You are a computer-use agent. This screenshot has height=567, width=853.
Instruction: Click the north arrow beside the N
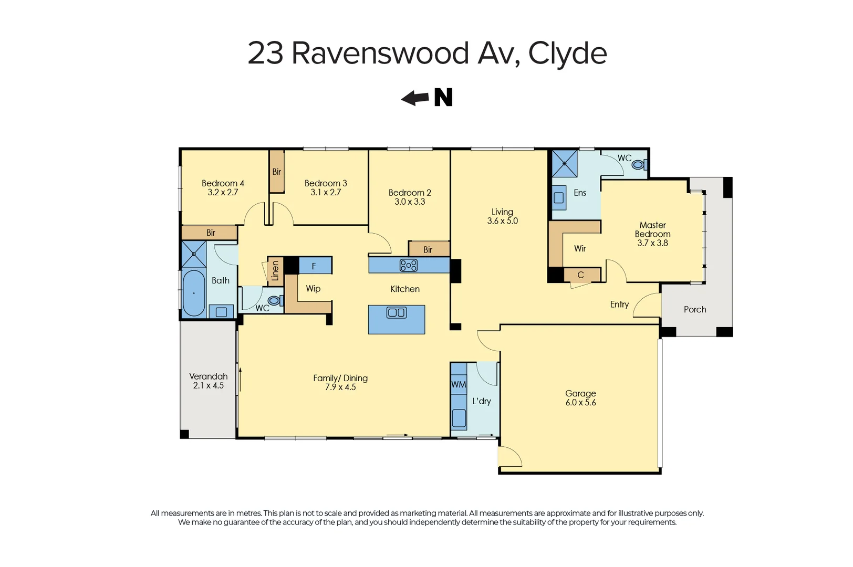[x=415, y=98]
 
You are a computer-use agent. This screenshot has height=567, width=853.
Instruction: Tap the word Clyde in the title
[x=567, y=54]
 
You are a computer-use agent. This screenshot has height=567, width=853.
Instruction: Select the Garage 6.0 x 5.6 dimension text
[x=580, y=403]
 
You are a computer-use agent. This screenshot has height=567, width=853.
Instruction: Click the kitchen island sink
[x=396, y=313]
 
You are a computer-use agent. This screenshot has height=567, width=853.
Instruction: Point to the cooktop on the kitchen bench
[x=408, y=265]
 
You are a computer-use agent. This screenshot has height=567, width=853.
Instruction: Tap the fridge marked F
[x=314, y=266]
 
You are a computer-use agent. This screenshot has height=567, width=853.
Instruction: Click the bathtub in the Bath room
[x=194, y=293]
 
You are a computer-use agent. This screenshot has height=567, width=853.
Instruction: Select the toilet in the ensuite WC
[x=638, y=164]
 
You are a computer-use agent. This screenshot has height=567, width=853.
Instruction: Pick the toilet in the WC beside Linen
[x=274, y=301]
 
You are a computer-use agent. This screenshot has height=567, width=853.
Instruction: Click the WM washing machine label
[x=459, y=384]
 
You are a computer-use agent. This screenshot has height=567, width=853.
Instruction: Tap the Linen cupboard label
[x=275, y=271]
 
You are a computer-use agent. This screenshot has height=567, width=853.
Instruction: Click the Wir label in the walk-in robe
[x=580, y=248]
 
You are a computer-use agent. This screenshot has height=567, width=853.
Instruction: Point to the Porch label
[x=694, y=310]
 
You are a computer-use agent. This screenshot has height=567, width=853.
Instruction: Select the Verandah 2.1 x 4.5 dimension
[x=208, y=385]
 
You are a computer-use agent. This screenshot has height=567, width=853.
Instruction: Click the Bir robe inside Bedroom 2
[x=428, y=249]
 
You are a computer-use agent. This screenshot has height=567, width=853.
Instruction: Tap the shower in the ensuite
[x=564, y=163]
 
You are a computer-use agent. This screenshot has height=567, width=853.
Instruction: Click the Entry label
[x=619, y=304]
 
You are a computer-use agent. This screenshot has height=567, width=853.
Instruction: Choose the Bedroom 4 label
[x=223, y=183]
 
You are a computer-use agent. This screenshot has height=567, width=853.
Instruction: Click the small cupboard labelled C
[x=580, y=275]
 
